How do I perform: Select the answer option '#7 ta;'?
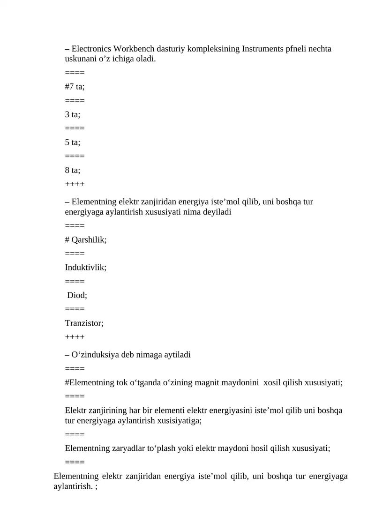coord(75,87)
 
